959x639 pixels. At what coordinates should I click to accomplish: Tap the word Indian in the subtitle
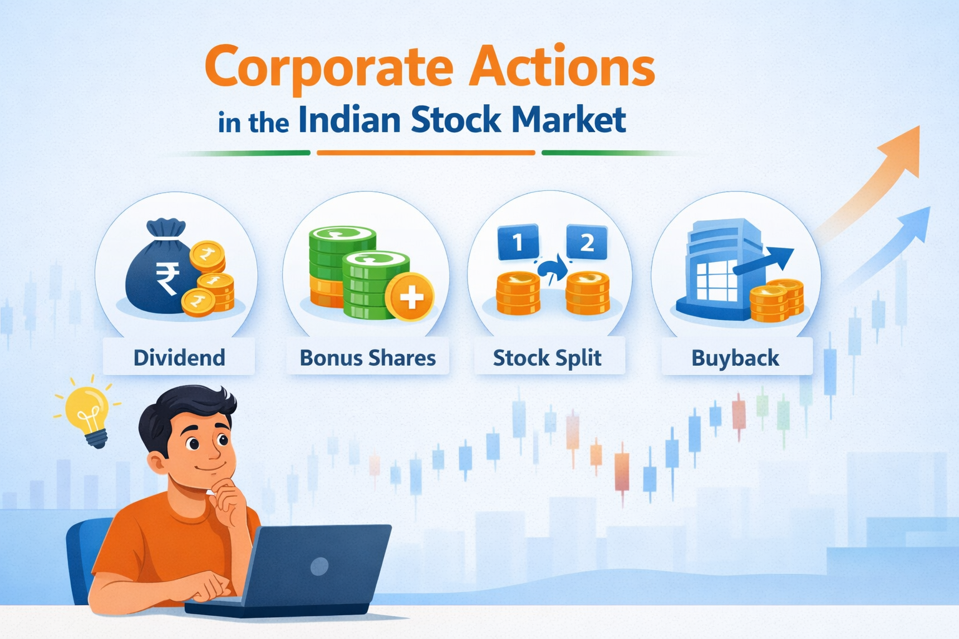point(349,120)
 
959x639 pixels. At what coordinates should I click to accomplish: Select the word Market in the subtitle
point(568,120)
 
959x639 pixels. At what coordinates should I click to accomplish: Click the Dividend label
point(179,358)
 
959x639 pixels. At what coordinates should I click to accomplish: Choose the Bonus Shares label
point(368,358)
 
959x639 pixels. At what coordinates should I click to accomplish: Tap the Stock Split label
point(547,358)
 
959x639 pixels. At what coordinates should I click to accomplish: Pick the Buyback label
point(735,358)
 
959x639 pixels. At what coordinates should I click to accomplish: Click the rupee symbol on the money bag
point(167,278)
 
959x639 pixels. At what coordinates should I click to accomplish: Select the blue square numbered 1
point(518,242)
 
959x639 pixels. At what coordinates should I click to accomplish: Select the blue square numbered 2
point(586,242)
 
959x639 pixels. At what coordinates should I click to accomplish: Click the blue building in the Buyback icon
point(718,268)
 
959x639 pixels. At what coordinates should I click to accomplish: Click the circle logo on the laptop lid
point(320,566)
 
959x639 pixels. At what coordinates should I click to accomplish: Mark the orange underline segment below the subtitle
point(426,152)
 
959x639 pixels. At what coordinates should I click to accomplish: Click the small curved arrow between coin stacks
point(552,270)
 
